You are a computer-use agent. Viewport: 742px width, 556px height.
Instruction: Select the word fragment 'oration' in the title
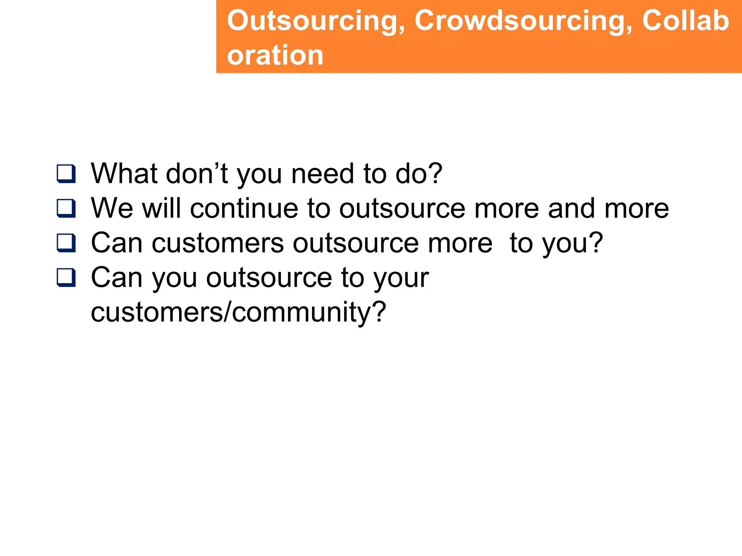[x=275, y=55]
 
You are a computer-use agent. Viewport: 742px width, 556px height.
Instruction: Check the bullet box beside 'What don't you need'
[x=66, y=174]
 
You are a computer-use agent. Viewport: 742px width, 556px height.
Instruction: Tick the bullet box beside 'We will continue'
[x=66, y=208]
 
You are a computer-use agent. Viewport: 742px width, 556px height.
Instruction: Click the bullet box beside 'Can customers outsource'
[x=66, y=243]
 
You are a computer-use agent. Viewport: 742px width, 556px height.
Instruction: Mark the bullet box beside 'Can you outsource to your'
[x=66, y=278]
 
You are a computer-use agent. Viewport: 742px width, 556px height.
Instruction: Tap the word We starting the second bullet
[x=112, y=208]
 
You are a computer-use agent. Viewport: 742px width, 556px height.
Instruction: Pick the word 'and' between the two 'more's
[x=571, y=208]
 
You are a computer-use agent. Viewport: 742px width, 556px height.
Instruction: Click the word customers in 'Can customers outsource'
[x=218, y=243]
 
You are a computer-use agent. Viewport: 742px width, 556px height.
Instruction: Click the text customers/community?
[x=238, y=312]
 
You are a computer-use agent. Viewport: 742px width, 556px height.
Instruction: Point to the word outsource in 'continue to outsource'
[x=402, y=208]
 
